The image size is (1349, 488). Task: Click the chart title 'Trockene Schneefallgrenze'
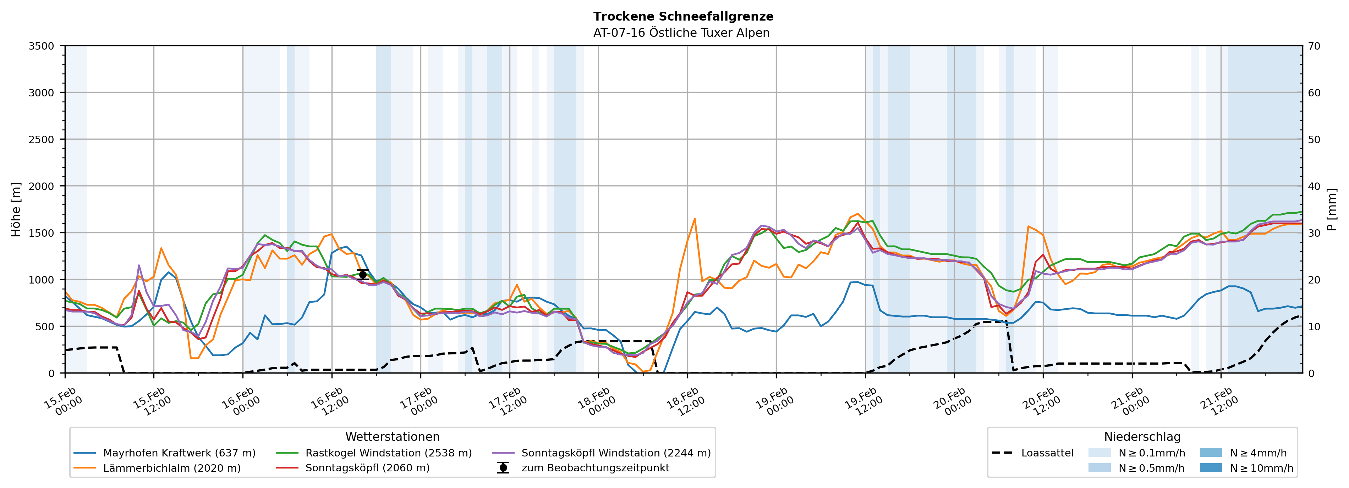pyautogui.click(x=683, y=16)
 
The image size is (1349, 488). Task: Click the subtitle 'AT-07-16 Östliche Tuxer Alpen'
pyautogui.click(x=681, y=33)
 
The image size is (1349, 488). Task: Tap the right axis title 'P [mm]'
pyautogui.click(x=1332, y=209)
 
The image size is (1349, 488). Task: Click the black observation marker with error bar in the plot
pyautogui.click(x=362, y=275)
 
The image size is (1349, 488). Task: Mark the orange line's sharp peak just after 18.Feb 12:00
pyautogui.click(x=695, y=219)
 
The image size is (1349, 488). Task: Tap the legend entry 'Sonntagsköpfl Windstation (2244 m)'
pyautogui.click(x=616, y=453)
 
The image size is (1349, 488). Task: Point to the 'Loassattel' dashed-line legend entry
pyautogui.click(x=1047, y=453)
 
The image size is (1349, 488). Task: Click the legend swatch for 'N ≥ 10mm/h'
pyautogui.click(x=1211, y=467)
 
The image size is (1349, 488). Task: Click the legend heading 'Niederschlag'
pyautogui.click(x=1142, y=437)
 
